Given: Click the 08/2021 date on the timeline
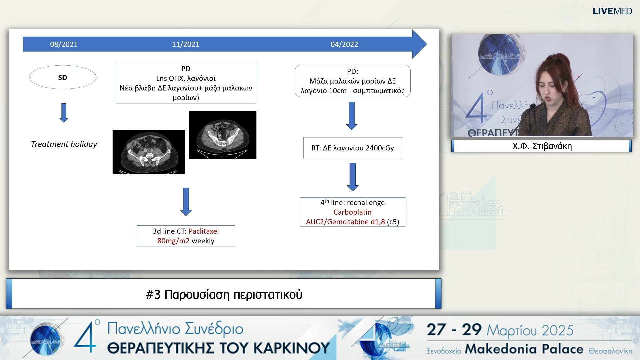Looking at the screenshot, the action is (64, 44).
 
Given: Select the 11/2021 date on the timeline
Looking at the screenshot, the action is (186, 44).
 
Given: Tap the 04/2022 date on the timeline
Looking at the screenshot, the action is (344, 44).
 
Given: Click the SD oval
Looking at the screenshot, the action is (63, 77).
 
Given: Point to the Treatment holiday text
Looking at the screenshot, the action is (64, 144).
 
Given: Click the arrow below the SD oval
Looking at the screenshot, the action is (64, 113).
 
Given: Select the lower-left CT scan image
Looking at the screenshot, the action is (149, 152).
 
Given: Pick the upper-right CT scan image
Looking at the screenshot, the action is (223, 135).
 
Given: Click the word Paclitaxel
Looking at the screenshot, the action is (204, 231).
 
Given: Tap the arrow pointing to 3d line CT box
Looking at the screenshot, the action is (186, 202).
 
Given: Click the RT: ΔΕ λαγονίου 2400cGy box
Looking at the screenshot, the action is (353, 148).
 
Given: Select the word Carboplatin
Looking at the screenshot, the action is (352, 212).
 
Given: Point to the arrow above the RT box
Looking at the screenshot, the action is (352, 116).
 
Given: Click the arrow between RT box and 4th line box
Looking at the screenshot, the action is (353, 177).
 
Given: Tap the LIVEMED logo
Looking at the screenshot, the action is (612, 11).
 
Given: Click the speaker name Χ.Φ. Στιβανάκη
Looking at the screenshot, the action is (542, 146).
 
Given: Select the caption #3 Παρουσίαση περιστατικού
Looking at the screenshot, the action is (224, 295).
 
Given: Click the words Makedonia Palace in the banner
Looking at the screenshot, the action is (524, 349).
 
